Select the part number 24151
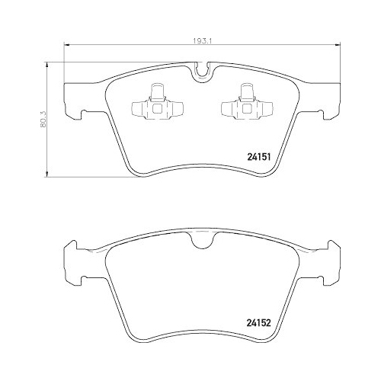click(x=260, y=156)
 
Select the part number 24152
click(x=260, y=322)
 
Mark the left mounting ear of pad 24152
click(x=71, y=255)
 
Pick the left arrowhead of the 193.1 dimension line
click(x=66, y=49)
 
